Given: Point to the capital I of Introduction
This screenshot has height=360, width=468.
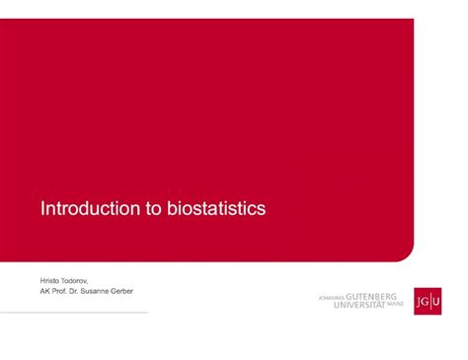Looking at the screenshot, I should coord(41,209).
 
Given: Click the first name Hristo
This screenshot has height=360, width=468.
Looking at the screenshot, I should coord(49,280).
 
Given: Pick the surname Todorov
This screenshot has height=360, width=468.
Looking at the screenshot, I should coord(77,280).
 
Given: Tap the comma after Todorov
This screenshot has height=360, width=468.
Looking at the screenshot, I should coord(95,282).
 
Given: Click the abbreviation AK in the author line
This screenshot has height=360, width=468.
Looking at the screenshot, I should coord(45,292).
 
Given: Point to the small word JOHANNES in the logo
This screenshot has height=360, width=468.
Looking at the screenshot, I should coord(331,297).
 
